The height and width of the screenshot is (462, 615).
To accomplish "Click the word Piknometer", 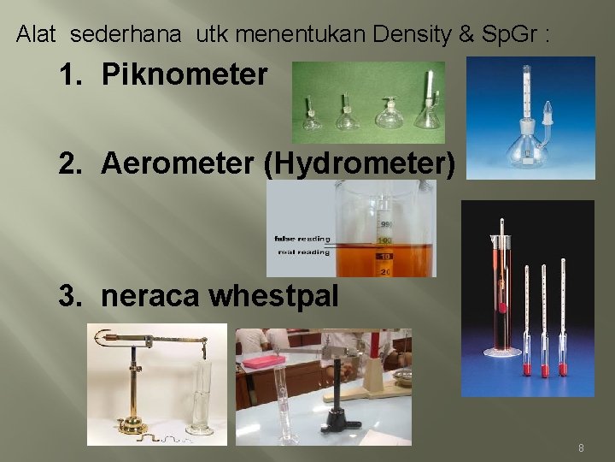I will point(184,75).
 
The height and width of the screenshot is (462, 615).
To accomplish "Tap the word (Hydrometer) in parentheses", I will point(360,163).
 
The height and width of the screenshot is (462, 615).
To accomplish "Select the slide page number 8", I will point(582,448).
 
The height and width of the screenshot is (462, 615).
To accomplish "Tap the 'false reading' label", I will point(301,239).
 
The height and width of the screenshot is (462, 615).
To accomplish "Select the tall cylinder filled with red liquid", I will point(501,291).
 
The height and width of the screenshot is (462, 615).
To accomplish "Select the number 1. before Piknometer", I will point(73,75).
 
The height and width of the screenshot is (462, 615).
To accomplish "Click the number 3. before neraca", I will point(73,296).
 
